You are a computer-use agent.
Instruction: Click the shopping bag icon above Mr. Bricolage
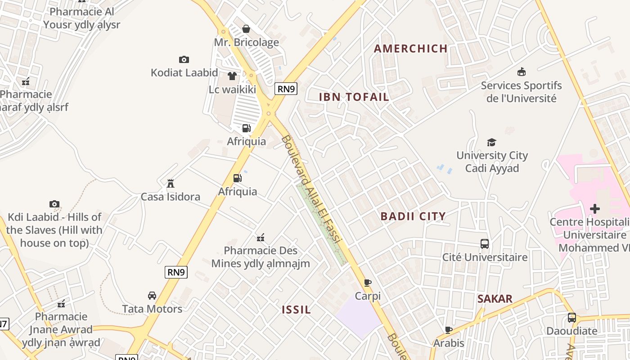click(x=246, y=29)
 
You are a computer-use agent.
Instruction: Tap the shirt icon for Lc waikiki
click(x=232, y=76)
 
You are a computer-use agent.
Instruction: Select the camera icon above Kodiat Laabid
click(x=184, y=59)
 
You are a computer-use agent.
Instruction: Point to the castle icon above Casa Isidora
click(x=171, y=184)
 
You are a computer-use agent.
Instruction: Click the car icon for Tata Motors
click(x=152, y=296)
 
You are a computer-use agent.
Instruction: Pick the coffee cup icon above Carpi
click(x=368, y=283)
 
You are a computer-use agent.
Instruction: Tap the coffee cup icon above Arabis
click(x=448, y=330)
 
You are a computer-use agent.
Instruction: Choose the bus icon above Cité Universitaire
click(x=485, y=244)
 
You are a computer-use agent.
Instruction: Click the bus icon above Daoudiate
click(x=571, y=318)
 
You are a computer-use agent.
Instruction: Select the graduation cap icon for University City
click(x=491, y=142)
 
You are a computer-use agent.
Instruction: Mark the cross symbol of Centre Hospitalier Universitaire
click(x=595, y=209)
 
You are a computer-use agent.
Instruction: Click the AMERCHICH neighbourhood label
click(x=411, y=49)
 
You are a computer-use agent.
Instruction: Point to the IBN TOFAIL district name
click(x=354, y=97)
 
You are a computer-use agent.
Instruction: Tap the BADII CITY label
click(x=413, y=216)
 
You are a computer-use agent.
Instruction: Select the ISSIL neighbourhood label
click(x=297, y=310)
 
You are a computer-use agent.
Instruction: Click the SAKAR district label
click(x=495, y=299)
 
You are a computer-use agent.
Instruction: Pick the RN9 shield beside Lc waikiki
click(x=286, y=89)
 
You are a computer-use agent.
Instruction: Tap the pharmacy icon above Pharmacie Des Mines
click(x=260, y=237)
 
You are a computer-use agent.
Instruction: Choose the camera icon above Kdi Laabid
click(x=54, y=204)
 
